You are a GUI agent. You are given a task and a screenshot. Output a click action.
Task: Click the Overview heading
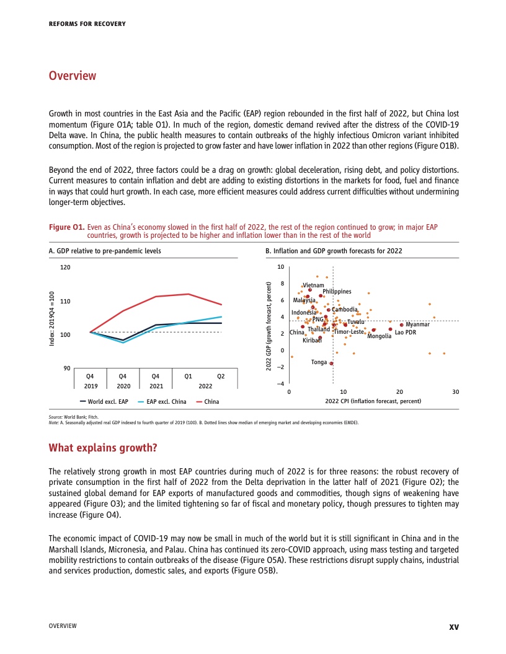tap(73, 76)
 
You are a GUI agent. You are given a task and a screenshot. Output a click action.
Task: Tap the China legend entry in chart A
tap(211, 402)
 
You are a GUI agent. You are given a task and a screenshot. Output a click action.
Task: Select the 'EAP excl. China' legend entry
tap(165, 402)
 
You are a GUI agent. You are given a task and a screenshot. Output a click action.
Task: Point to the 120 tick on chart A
tap(65, 268)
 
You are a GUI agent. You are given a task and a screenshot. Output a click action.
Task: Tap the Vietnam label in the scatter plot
tap(313, 285)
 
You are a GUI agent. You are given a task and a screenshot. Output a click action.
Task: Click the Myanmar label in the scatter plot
tap(418, 325)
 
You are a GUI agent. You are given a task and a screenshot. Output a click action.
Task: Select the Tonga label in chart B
tap(319, 362)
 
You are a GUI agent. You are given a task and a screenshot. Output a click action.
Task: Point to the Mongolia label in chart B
tap(379, 336)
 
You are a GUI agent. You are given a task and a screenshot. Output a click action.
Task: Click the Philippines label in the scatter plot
tap(337, 292)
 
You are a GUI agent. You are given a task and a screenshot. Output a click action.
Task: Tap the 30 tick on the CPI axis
tap(456, 392)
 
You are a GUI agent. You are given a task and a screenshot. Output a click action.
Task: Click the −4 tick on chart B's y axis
tap(280, 384)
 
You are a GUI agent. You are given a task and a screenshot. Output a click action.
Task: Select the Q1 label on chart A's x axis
tap(188, 376)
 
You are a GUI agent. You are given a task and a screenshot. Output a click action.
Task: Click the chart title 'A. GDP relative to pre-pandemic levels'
tap(104, 251)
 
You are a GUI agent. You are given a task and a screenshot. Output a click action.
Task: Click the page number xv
tap(453, 626)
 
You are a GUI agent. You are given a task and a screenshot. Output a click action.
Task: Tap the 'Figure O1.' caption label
tap(66, 228)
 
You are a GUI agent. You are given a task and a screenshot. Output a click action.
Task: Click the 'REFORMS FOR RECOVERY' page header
tap(87, 24)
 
